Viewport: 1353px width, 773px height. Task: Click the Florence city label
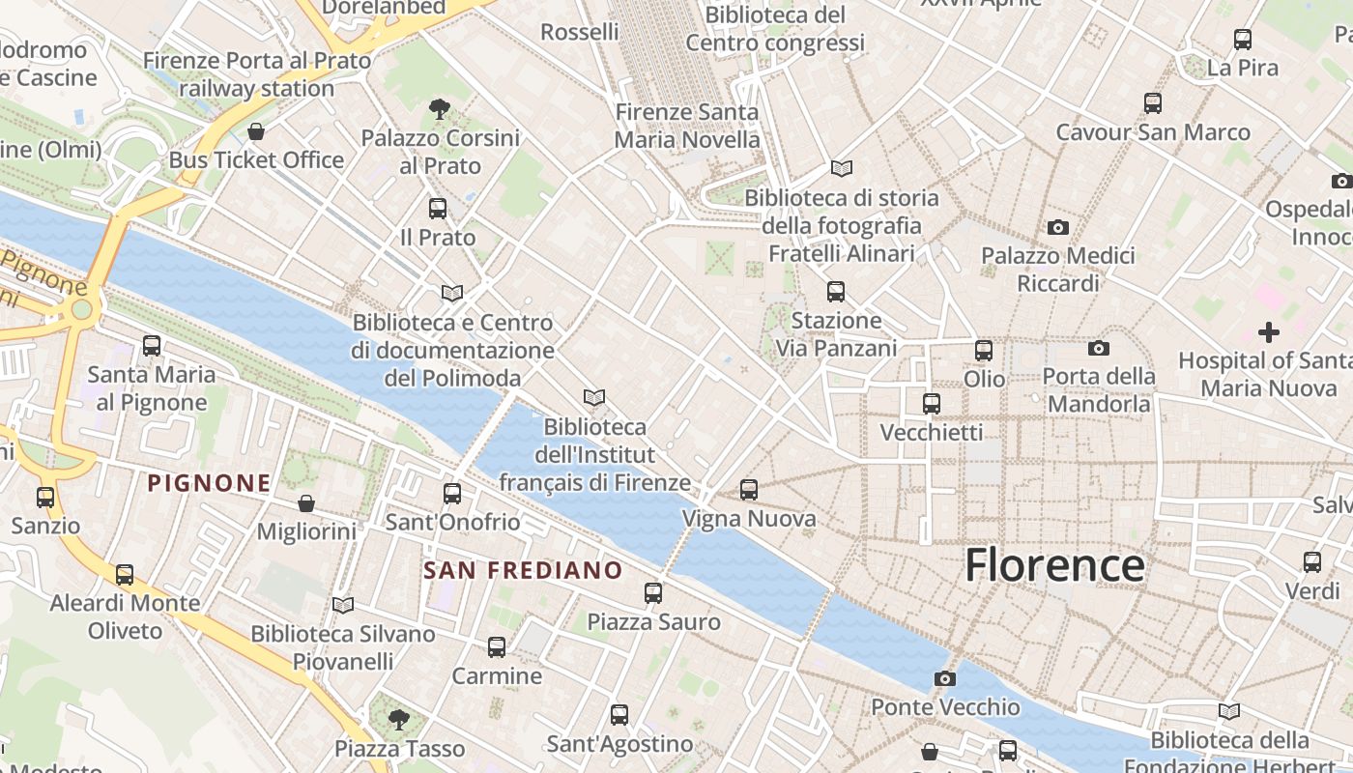[x=1054, y=565]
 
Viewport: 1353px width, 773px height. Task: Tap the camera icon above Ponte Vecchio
[x=945, y=679]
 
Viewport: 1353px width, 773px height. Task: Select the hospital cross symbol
[x=1269, y=332]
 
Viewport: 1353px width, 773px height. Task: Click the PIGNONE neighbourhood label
[x=209, y=483]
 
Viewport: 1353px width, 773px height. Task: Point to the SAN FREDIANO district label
[x=523, y=570]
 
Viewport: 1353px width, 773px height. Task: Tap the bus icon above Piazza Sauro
[x=653, y=593]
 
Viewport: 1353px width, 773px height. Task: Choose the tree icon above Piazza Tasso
[x=398, y=720]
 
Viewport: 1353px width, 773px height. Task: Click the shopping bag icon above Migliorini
[x=306, y=503]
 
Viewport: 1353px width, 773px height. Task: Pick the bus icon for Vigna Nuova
[x=749, y=490]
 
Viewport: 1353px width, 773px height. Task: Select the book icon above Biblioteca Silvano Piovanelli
[x=343, y=605]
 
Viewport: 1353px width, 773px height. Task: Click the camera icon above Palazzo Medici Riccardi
[x=1058, y=228]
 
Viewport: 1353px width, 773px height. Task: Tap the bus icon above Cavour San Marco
[x=1152, y=103]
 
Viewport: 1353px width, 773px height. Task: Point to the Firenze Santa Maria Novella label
[x=687, y=126]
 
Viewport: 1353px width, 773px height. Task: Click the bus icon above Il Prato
[x=438, y=209]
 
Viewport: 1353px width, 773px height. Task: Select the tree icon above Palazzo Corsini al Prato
[x=440, y=109]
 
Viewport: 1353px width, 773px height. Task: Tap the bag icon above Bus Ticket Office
[x=256, y=131]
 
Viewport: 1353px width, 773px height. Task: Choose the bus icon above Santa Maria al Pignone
[x=152, y=346]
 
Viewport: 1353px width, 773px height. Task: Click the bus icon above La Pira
[x=1243, y=40]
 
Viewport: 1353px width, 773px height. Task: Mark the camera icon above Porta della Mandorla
[x=1099, y=348]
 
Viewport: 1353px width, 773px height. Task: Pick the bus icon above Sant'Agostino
[x=619, y=715]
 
